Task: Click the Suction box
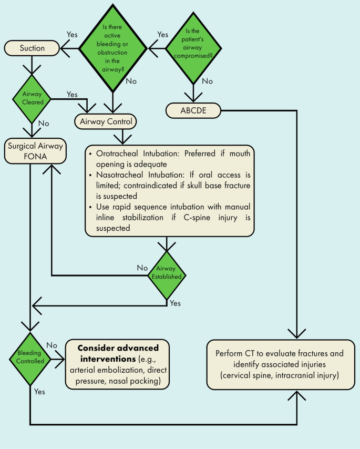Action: coord(32,49)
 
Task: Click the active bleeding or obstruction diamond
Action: coord(114,49)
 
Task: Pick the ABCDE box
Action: coord(194,110)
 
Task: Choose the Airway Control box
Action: coord(107,122)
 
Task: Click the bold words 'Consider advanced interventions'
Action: coord(118,353)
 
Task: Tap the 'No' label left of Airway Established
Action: coord(142,268)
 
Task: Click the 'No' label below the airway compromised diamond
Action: coord(207,81)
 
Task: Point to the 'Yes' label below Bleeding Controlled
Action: coord(39,392)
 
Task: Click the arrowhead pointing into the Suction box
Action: coord(66,49)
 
